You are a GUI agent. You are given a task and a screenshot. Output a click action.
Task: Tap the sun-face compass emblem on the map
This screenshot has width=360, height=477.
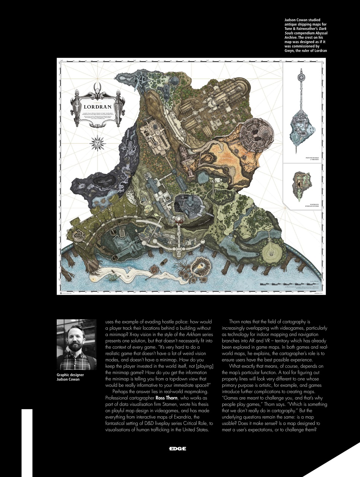point(98,143)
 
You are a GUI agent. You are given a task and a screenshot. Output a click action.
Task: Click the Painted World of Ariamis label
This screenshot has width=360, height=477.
point(312,159)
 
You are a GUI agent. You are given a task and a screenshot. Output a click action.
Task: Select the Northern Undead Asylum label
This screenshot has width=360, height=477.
point(312,205)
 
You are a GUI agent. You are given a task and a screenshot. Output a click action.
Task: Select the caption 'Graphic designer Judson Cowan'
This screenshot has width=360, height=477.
point(70,377)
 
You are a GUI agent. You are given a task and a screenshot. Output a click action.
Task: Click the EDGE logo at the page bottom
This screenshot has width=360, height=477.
point(177,449)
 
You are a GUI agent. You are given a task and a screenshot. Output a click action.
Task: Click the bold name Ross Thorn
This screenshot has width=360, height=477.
point(166,398)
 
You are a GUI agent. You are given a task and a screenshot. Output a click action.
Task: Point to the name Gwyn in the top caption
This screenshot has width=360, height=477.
point(289,51)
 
